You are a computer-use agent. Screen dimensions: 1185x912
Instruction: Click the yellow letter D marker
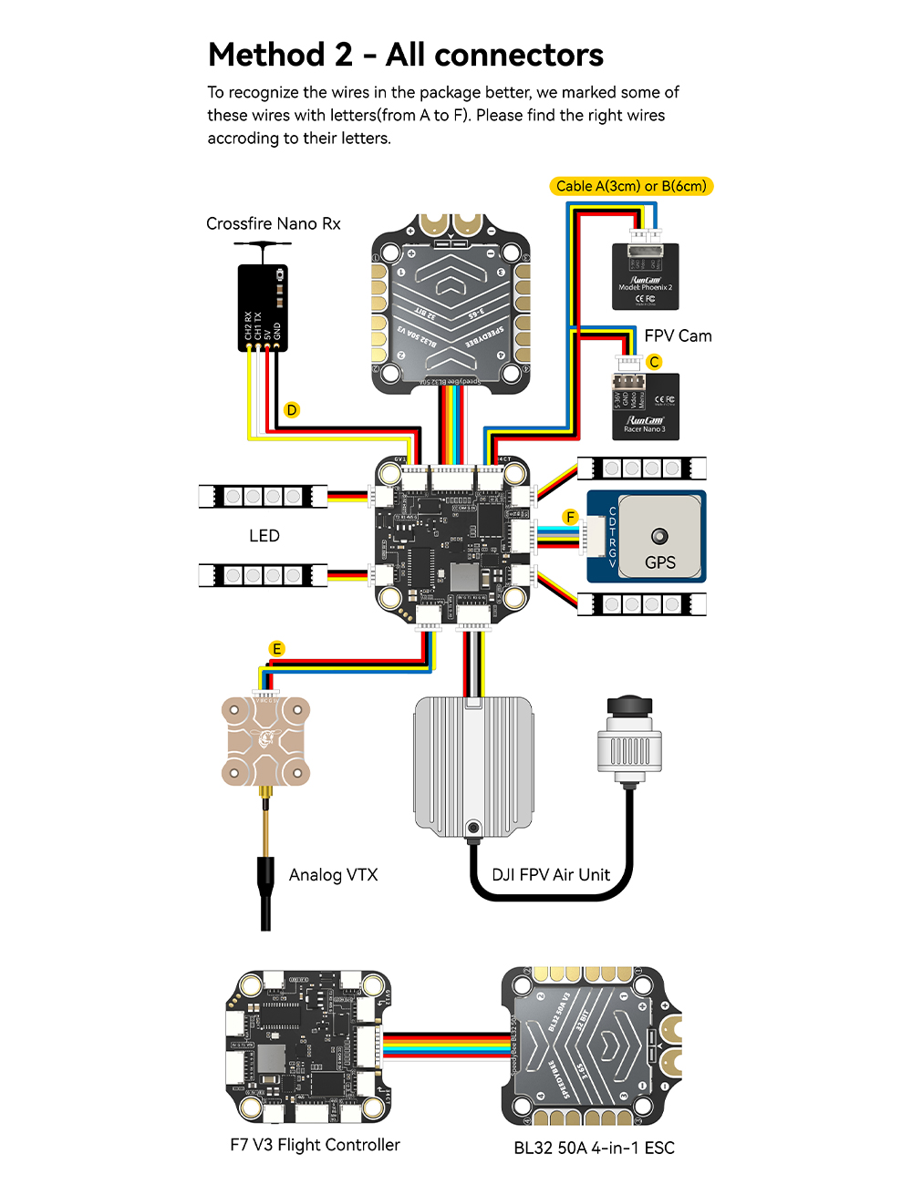(292, 410)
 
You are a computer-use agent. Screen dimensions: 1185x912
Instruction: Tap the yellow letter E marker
(277, 649)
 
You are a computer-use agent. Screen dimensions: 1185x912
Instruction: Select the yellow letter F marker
(571, 518)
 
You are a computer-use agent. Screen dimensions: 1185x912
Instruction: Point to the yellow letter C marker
(654, 362)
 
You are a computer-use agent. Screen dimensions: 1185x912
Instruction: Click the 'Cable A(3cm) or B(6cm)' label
(631, 186)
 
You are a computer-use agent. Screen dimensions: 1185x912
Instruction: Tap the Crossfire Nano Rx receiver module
(263, 308)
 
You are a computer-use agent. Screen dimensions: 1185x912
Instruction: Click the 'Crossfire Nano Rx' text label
(273, 224)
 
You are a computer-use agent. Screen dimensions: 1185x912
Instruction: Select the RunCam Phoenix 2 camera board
(646, 276)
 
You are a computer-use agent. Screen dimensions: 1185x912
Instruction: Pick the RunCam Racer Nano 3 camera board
(645, 407)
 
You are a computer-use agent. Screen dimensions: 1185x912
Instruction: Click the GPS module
(647, 536)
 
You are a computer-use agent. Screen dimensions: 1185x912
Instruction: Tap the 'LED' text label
(264, 536)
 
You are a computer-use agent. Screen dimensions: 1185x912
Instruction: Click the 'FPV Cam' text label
(678, 336)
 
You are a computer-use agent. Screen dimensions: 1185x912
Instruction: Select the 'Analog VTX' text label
(333, 875)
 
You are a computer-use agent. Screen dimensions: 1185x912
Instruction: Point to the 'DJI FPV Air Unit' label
(551, 875)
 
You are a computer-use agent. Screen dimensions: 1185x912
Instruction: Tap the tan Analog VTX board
(265, 741)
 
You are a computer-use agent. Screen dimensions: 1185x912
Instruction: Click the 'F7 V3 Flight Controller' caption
(315, 1145)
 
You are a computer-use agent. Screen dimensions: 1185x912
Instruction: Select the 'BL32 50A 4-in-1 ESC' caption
(594, 1148)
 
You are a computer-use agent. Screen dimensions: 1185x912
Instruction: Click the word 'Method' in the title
(265, 56)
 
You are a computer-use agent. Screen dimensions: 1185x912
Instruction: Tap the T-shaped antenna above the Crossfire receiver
(263, 245)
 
